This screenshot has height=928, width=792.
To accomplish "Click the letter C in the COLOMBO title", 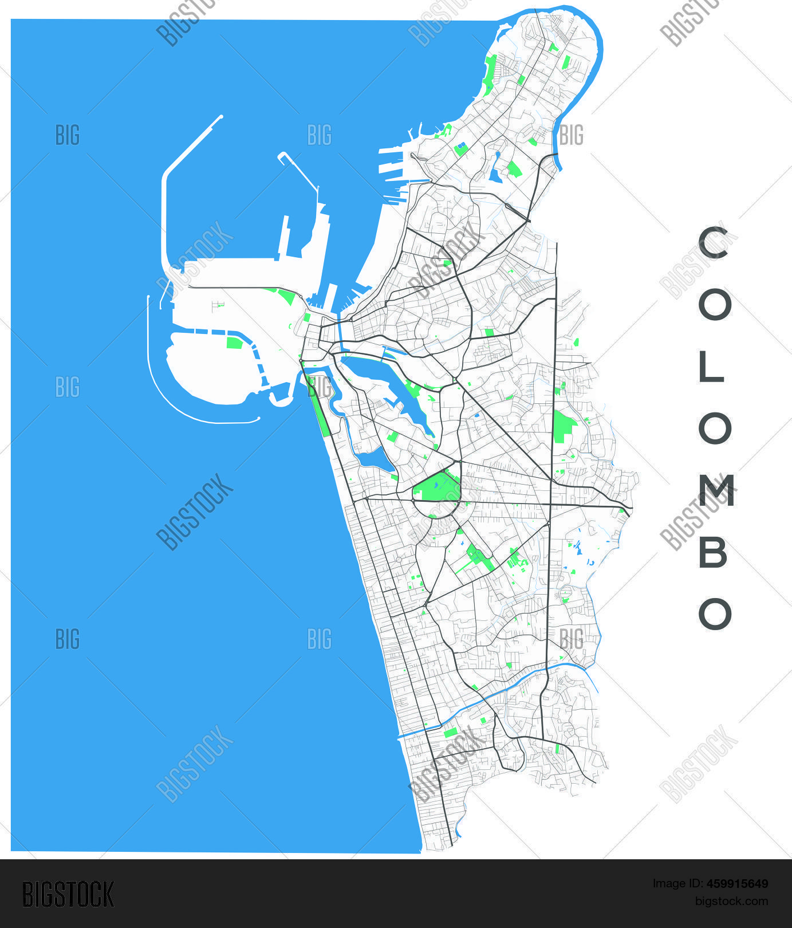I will (713, 242).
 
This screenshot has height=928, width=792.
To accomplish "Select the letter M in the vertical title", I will (715, 490).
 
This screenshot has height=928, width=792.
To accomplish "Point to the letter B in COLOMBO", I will (713, 553).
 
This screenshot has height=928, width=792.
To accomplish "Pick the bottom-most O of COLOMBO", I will (715, 614).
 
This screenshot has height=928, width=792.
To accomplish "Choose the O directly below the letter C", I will (715, 304).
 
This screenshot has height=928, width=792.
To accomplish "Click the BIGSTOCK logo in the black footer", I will (68, 895).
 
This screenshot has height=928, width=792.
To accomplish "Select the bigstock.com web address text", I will (731, 901).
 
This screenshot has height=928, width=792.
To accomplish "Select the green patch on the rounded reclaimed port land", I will (234, 343).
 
